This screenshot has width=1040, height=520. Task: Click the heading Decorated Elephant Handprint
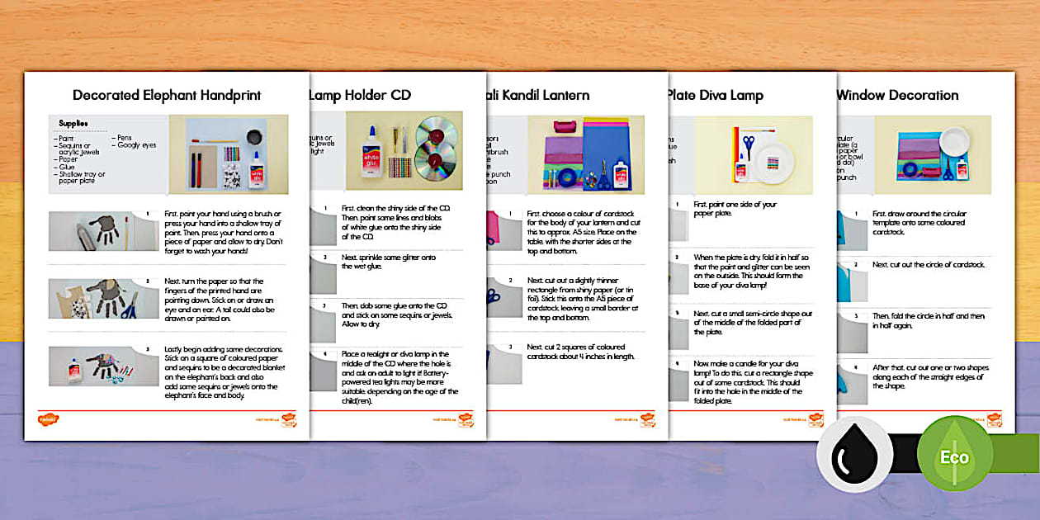(x=167, y=95)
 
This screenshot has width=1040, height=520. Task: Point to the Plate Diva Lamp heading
(x=715, y=95)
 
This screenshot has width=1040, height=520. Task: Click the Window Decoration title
(x=897, y=95)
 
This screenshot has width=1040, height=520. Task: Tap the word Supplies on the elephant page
(x=74, y=123)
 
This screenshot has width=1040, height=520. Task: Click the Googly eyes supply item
(x=136, y=145)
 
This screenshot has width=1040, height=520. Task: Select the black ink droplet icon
(x=854, y=455)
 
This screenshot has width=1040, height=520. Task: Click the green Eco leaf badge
(x=955, y=455)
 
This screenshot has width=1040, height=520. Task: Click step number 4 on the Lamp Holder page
(x=325, y=352)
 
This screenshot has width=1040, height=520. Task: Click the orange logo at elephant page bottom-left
(x=48, y=418)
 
